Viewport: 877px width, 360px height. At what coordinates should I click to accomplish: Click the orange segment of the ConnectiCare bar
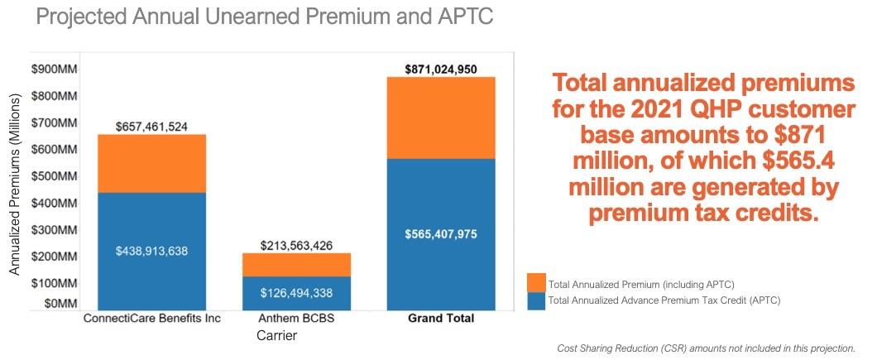click(151, 163)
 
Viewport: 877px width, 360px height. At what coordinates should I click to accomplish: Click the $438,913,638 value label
click(151, 250)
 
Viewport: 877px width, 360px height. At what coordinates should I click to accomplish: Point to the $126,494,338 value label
click(296, 292)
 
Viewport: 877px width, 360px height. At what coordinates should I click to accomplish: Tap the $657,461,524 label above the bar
click(151, 127)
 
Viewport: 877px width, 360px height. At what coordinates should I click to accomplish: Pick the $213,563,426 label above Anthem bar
click(296, 246)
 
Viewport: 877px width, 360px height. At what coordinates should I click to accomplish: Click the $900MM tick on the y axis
click(55, 69)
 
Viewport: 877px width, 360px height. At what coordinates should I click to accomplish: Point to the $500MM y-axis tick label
click(55, 175)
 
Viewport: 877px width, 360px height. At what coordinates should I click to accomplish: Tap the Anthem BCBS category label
click(296, 319)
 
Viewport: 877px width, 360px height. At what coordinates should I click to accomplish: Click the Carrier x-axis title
click(276, 336)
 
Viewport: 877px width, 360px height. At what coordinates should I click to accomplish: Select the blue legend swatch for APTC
click(536, 300)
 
